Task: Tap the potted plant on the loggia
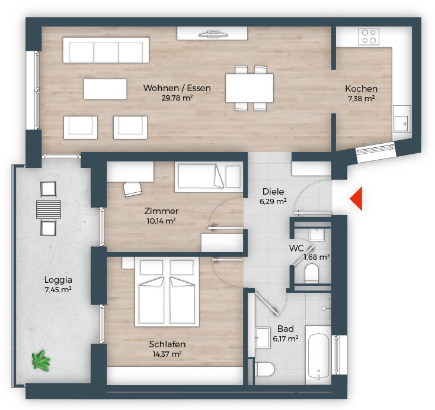41,361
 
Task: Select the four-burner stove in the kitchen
369,36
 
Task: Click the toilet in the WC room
312,273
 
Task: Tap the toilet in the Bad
265,369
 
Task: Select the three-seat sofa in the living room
106,50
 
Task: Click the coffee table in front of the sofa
105,89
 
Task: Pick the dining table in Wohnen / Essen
250,88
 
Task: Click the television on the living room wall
213,34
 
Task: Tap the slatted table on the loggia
49,209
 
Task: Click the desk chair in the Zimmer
132,189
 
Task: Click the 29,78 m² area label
177,98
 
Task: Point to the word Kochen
361,89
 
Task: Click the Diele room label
273,192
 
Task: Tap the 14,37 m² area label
167,354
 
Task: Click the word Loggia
58,280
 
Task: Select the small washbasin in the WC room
317,235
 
